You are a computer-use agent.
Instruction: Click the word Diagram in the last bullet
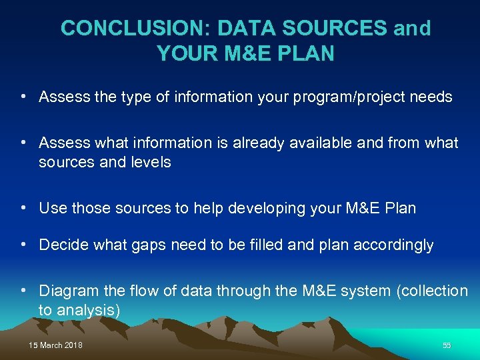(65, 291)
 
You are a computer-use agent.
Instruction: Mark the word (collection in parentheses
(435, 291)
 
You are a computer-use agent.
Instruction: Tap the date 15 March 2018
(55, 345)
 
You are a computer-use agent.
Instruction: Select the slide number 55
(447, 345)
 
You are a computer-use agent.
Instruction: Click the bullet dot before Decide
(23, 245)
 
